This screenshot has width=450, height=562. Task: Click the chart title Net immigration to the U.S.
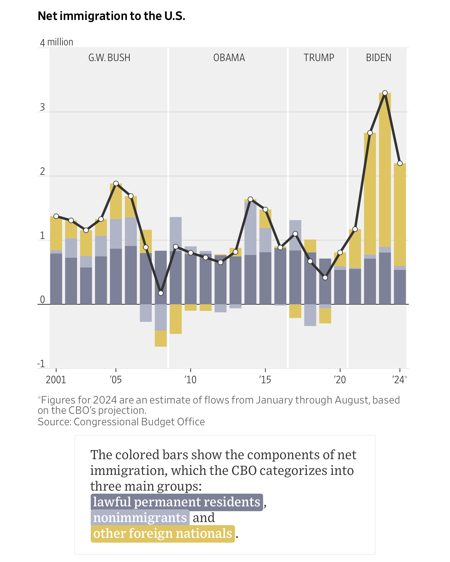[x=111, y=16]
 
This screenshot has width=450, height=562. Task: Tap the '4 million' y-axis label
[x=57, y=42]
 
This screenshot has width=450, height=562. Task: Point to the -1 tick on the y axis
[x=41, y=364]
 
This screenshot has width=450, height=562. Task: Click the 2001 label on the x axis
[x=56, y=380]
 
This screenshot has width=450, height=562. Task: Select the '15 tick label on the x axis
[x=265, y=380]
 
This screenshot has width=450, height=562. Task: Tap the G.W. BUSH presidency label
[x=109, y=57]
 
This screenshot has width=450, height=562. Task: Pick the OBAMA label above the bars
[x=229, y=57]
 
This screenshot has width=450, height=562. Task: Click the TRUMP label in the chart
[x=319, y=57]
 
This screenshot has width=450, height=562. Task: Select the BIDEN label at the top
[x=379, y=57]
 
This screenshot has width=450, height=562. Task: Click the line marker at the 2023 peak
[x=385, y=93]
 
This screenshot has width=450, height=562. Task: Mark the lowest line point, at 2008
[x=161, y=293]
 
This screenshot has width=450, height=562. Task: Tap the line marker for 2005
[x=116, y=184]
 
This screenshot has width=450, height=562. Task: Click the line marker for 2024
[x=400, y=163]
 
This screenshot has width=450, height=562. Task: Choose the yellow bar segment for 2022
[x=370, y=194]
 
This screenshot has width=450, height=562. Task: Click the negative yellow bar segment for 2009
[x=176, y=319]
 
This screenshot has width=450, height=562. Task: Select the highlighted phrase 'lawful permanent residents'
[x=177, y=502]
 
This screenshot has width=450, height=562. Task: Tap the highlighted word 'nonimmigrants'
[x=140, y=518]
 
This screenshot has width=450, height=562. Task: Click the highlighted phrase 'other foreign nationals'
[x=163, y=534]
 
